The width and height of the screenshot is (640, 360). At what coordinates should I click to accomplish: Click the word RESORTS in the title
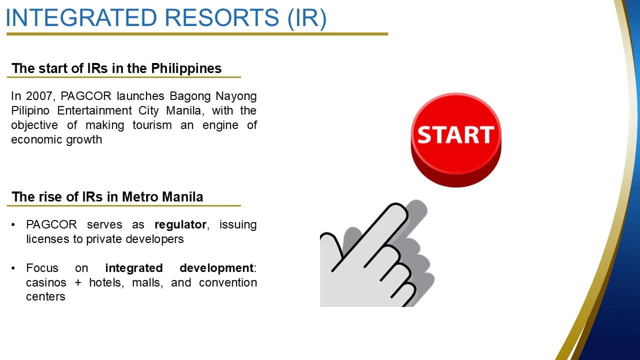221,17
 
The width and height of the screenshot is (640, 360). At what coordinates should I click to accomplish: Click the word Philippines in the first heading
186,68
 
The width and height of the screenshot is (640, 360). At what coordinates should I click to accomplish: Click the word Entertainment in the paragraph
94,110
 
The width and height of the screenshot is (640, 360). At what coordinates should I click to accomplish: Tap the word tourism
152,125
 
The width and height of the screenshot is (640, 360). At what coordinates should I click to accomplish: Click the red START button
456,140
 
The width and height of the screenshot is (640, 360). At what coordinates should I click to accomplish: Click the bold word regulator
180,225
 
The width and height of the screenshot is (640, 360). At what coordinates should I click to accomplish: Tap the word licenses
47,239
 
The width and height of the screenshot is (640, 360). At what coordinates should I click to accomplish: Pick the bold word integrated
134,268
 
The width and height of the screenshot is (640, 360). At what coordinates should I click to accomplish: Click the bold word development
216,268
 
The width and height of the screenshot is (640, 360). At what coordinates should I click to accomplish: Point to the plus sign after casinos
78,283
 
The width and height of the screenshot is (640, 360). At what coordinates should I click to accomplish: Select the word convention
228,282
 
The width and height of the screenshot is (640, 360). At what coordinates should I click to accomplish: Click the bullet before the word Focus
13,268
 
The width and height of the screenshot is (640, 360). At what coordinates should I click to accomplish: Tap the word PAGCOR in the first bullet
51,224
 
